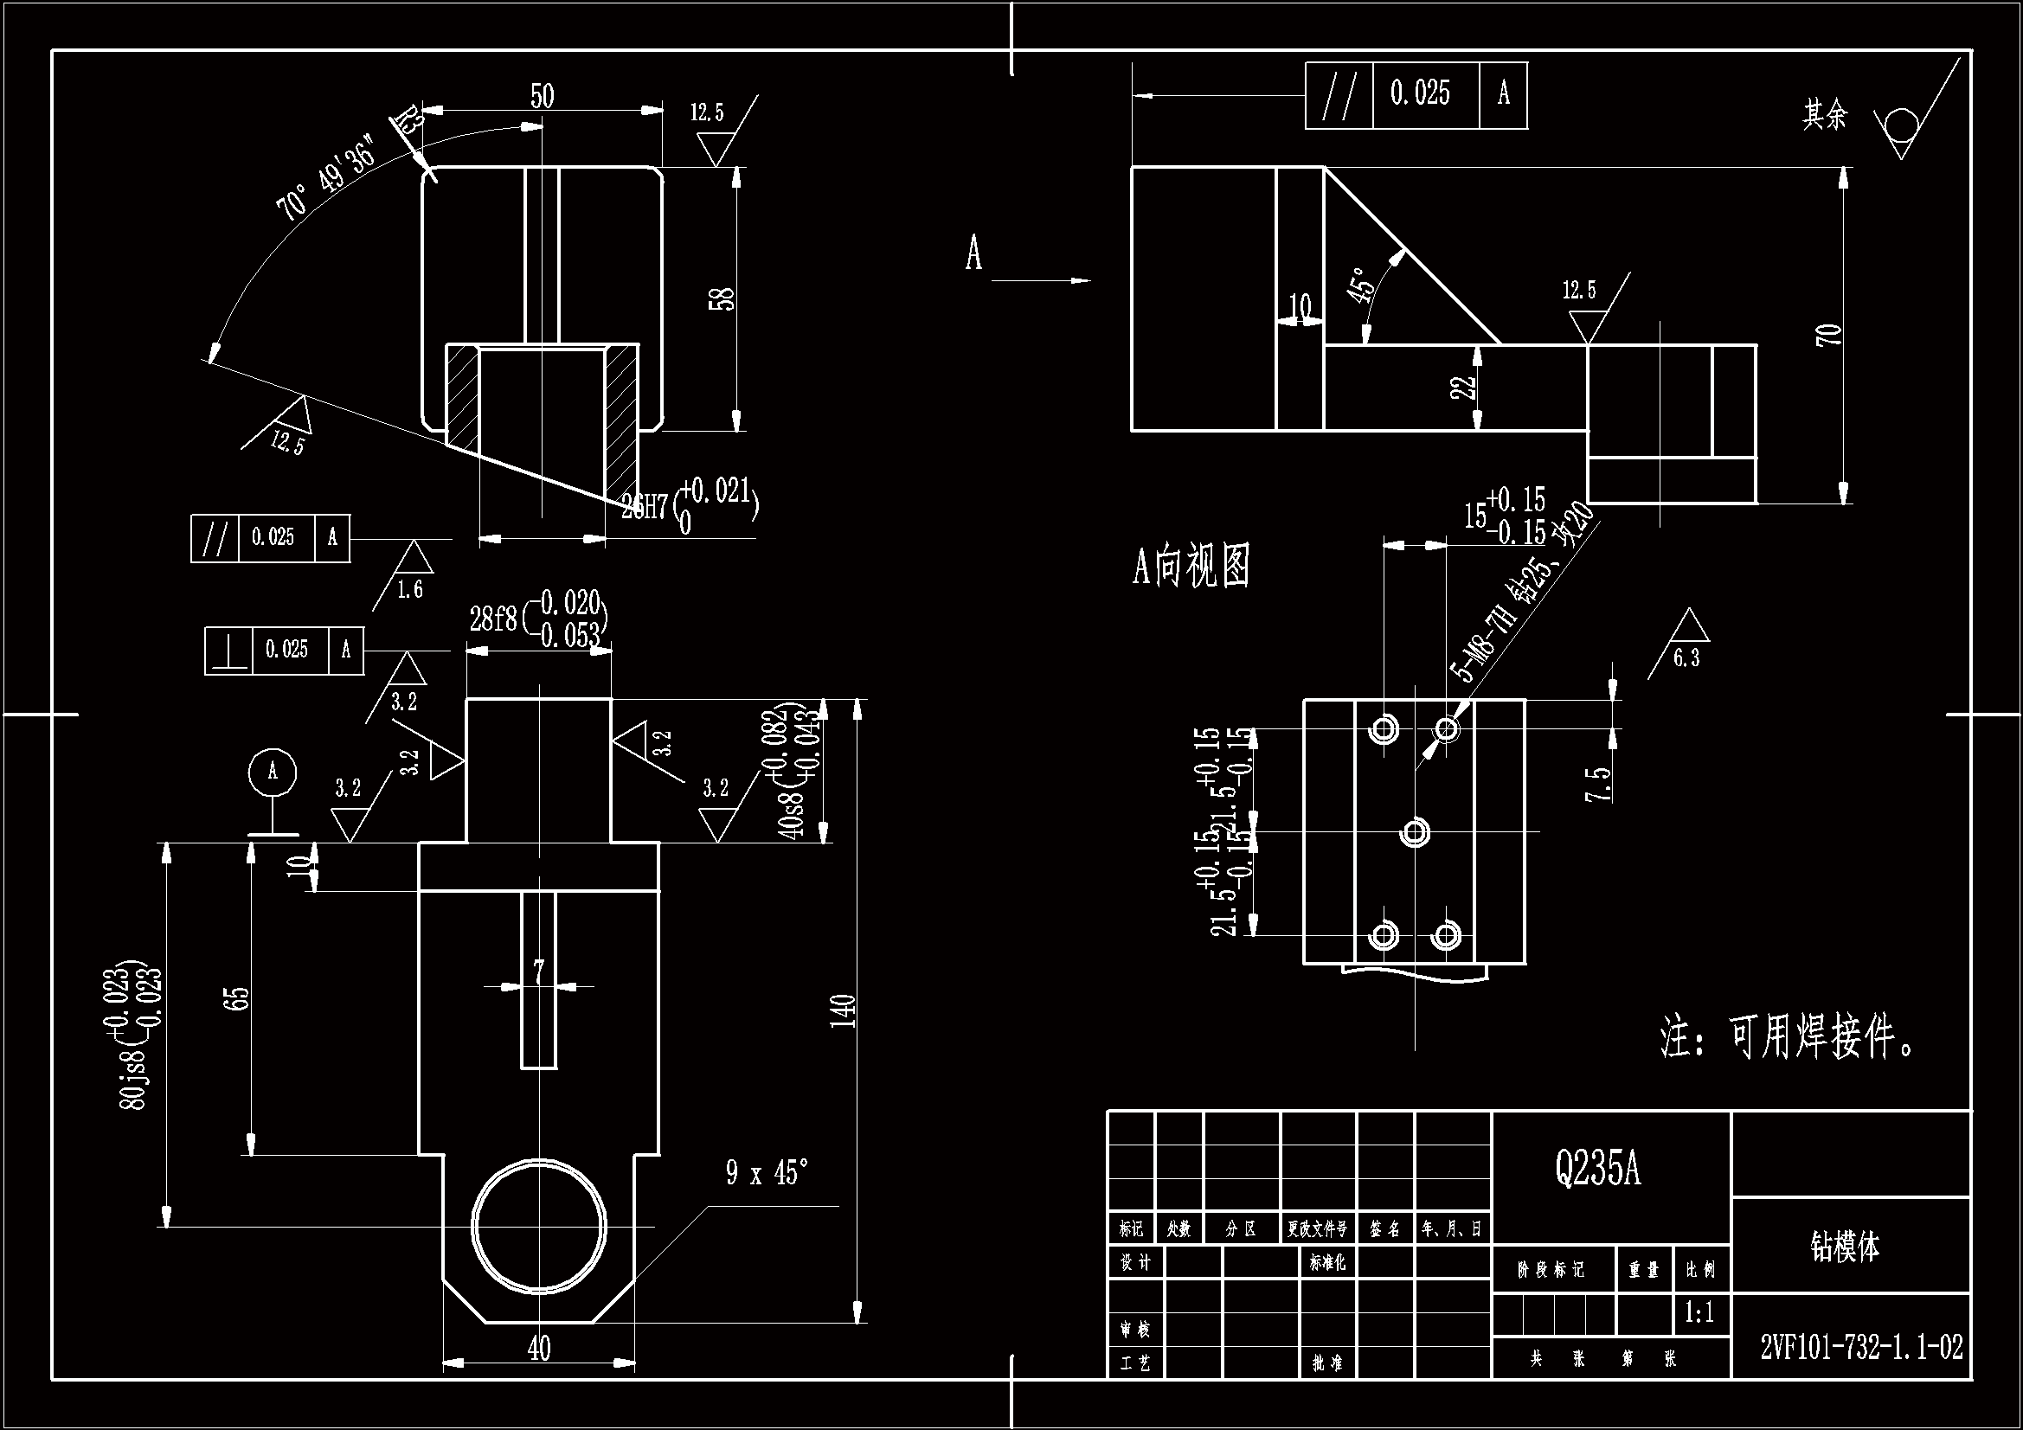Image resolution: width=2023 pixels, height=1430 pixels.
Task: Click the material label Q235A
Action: [1597, 1170]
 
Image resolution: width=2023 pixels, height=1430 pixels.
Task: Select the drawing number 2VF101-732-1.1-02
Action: [1861, 1347]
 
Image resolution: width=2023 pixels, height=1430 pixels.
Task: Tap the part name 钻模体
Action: [1845, 1246]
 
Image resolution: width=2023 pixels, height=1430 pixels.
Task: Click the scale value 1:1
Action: [1699, 1313]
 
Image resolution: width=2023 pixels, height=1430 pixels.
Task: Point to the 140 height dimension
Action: [844, 1010]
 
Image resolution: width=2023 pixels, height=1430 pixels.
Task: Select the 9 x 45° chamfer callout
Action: [767, 1173]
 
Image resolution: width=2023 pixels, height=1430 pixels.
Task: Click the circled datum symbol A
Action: [273, 772]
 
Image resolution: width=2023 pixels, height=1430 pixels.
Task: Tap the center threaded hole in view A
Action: [1415, 831]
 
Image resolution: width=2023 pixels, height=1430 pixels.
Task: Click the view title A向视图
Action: [1191, 566]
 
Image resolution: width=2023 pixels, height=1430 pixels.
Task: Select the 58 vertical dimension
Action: [722, 298]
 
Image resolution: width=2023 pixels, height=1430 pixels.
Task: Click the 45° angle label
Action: [1362, 285]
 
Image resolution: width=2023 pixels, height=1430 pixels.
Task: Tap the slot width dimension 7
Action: [538, 971]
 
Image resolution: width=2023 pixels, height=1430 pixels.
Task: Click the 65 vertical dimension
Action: [239, 998]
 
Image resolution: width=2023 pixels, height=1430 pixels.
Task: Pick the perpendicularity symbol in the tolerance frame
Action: [229, 651]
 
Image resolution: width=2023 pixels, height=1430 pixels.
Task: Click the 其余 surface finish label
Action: [1824, 114]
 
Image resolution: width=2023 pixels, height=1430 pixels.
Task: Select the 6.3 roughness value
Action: [1686, 658]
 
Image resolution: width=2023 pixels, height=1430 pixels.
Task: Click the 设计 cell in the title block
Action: [1135, 1262]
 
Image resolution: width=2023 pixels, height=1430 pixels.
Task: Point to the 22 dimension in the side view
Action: [1462, 387]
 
